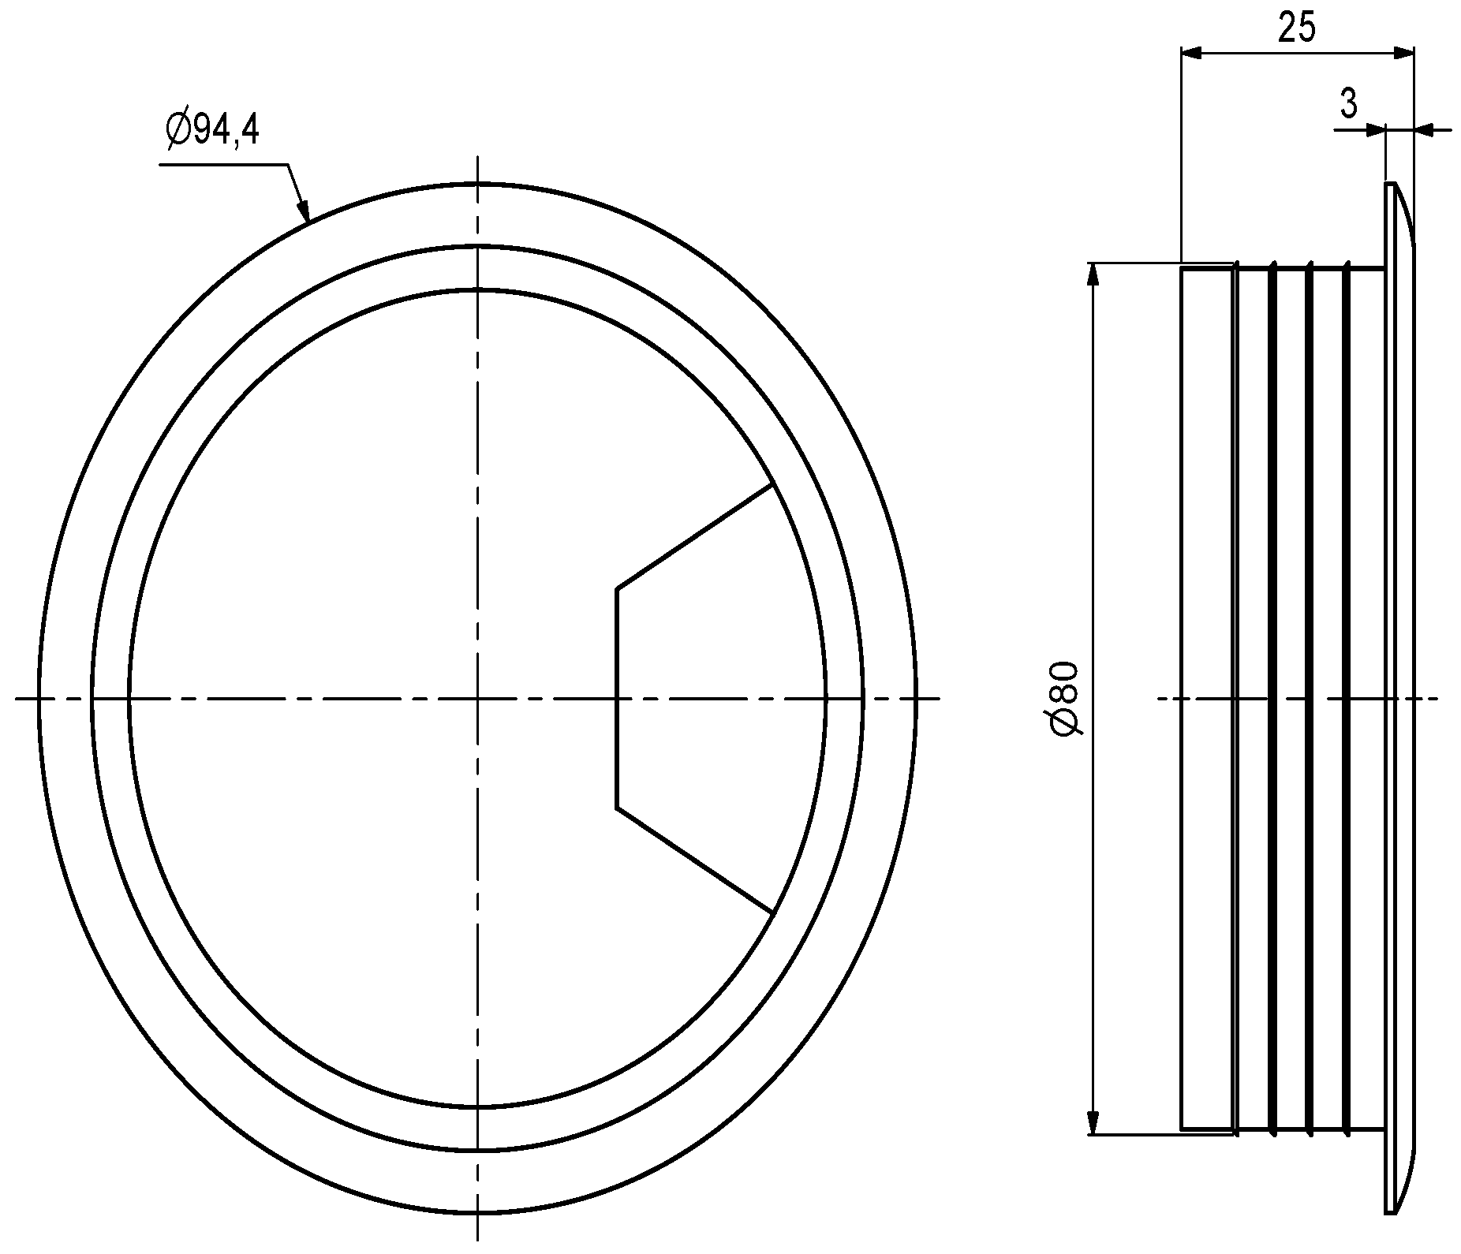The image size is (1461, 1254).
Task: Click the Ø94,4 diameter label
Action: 212,129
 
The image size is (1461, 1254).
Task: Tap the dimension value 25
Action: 1296,28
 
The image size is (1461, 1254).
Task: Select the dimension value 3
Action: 1348,103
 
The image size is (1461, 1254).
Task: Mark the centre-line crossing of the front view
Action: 477,698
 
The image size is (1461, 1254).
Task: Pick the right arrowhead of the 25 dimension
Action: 1402,53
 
